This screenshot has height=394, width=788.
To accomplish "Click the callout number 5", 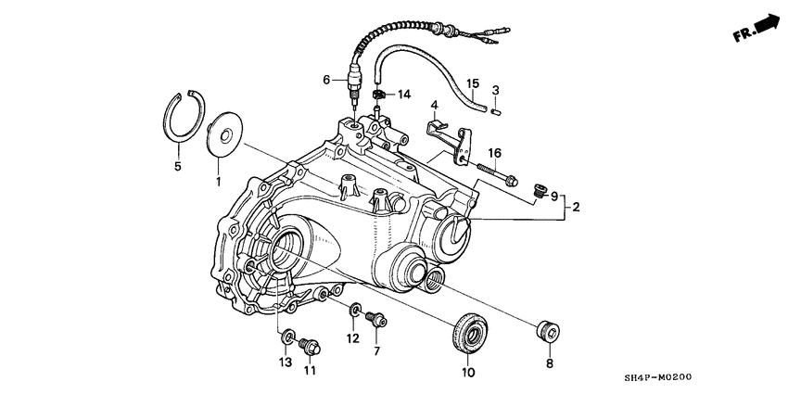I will (179, 167).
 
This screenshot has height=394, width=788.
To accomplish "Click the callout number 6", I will (326, 80).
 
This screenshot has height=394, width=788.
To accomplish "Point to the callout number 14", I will (404, 95).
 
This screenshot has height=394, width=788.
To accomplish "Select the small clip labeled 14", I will (379, 95).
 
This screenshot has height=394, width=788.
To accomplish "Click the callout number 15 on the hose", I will (473, 83).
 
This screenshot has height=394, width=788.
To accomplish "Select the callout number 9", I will (554, 197).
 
